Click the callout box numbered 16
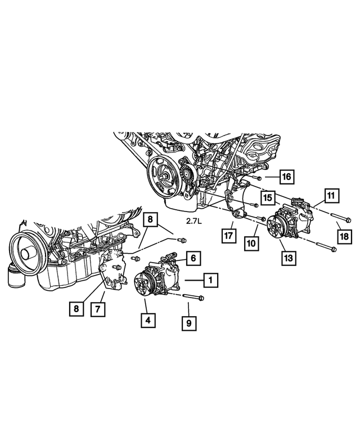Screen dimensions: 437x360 click(286, 177)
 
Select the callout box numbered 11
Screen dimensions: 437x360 click(331, 196)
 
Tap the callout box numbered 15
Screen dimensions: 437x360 click(267, 198)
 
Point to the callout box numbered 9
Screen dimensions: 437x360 click(190, 323)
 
